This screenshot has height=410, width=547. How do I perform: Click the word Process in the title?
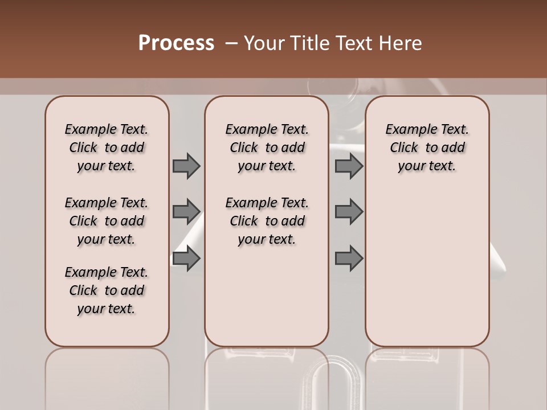tap(176, 43)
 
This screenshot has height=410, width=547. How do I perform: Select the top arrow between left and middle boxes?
tap(186, 166)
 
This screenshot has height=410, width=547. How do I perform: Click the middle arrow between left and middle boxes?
tap(186, 212)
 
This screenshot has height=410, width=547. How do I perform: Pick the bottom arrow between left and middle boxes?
tap(186, 259)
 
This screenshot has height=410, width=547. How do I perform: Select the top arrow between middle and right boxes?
tap(349, 166)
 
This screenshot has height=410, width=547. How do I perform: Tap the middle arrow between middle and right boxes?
tap(349, 212)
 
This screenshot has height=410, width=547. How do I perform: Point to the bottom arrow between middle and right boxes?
tap(349, 259)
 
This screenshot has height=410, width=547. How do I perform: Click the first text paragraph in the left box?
tap(107, 147)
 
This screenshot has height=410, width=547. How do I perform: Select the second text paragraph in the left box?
tap(107, 221)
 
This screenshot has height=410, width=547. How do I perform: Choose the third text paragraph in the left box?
tap(107, 290)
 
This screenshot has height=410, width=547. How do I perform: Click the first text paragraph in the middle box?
tap(267, 147)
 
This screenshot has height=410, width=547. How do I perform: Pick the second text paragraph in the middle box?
tap(267, 221)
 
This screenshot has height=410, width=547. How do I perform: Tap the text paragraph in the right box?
tap(427, 147)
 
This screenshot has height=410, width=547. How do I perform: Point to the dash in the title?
tap(231, 43)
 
